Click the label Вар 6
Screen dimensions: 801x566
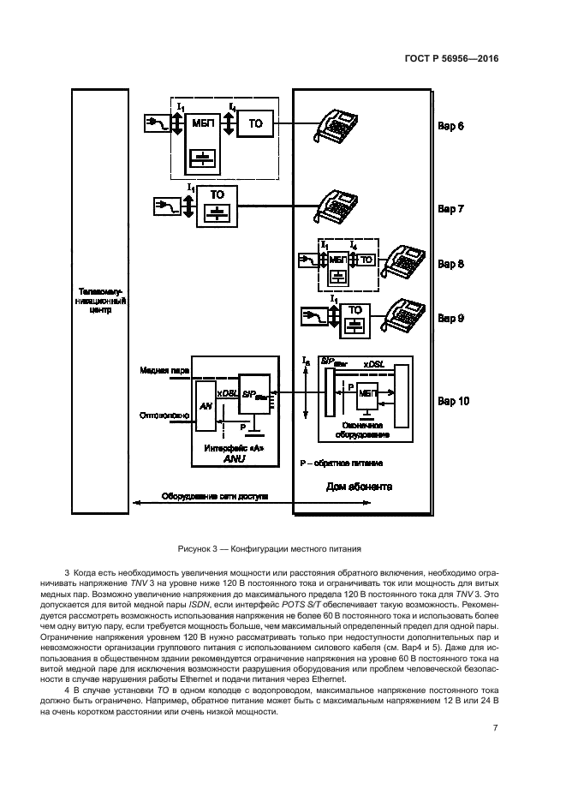pyautogui.click(x=451, y=127)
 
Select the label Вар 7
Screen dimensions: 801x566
pyautogui.click(x=451, y=208)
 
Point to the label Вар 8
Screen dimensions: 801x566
pyautogui.click(x=451, y=264)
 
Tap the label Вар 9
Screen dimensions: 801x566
pyautogui.click(x=451, y=318)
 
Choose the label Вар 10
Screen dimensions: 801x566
pyautogui.click(x=454, y=400)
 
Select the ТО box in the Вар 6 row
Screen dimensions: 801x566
pyautogui.click(x=255, y=125)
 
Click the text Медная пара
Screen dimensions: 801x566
pyautogui.click(x=164, y=371)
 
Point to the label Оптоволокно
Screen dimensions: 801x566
pyautogui.click(x=164, y=415)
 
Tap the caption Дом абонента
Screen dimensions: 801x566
pyautogui.click(x=359, y=487)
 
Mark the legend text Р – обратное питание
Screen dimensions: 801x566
pyautogui.click(x=341, y=463)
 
